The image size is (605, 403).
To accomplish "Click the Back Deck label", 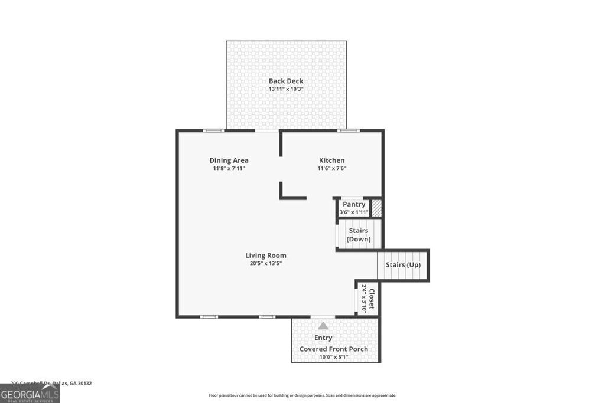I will [286, 81].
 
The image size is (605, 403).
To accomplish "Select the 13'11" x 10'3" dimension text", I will [286, 89].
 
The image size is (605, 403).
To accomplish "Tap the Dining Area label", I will [229, 160].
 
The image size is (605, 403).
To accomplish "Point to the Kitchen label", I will [331, 160].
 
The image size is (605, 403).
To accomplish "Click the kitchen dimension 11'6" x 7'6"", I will [331, 168].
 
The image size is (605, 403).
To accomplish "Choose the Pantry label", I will [354, 204].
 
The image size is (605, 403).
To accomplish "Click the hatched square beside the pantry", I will [376, 208].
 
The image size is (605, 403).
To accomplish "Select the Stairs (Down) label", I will [359, 234].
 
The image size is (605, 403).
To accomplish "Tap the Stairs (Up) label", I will [403, 265].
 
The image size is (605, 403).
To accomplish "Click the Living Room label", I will [266, 255].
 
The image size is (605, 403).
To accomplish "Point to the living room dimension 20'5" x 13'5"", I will [266, 263].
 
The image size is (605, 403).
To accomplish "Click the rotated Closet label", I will [372, 298].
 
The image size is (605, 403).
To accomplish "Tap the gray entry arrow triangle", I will [323, 325].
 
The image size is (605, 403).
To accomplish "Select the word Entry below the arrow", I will [323, 338].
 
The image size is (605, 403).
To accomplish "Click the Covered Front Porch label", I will [333, 349].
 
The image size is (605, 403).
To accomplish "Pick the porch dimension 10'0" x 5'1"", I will [333, 357].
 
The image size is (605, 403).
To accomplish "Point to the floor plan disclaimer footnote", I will [302, 395].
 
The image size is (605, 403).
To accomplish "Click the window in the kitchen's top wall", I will [348, 130].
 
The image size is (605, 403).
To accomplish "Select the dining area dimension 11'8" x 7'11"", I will [229, 168].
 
